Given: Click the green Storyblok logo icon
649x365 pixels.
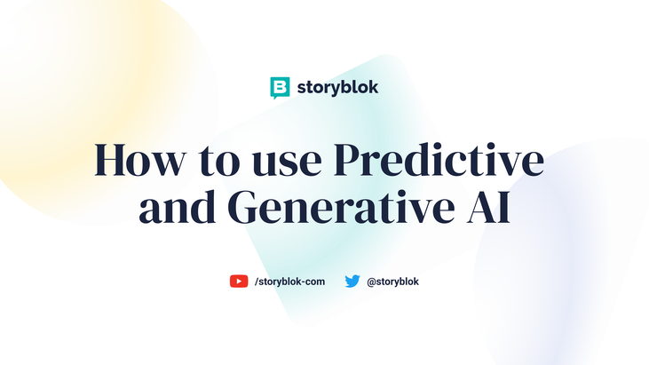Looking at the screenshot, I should pyautogui.click(x=280, y=88).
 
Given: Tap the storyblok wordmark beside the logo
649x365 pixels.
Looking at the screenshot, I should pyautogui.click(x=338, y=88).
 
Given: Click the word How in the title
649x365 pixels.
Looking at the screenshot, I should pyautogui.click(x=139, y=161).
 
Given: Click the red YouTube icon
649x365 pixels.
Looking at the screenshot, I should pyautogui.click(x=239, y=282).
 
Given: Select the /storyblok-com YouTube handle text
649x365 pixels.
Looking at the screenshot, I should pyautogui.click(x=289, y=282).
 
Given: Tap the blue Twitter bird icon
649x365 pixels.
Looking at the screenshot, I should pyautogui.click(x=352, y=282).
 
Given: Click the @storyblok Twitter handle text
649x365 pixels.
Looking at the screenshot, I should pyautogui.click(x=392, y=282).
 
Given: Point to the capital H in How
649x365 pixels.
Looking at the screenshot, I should pyautogui.click(x=113, y=161).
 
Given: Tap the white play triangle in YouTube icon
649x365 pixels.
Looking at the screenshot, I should pyautogui.click(x=239, y=282).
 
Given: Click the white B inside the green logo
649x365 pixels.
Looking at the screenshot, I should pyautogui.click(x=280, y=87).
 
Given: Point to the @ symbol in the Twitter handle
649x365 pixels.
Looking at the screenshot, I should pyautogui.click(x=371, y=282).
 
